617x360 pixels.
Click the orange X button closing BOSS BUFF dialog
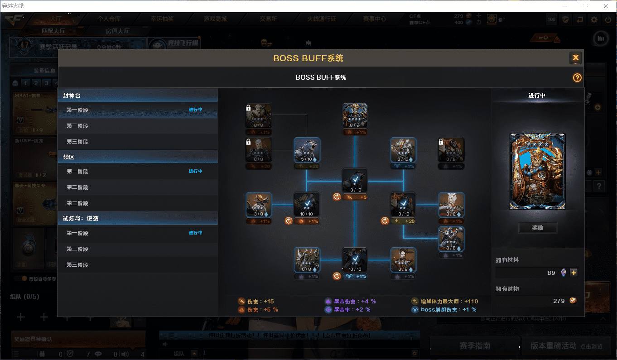point(575,58)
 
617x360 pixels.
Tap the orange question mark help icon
point(577,78)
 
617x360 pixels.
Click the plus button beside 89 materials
point(574,273)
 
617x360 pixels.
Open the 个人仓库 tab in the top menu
point(109,19)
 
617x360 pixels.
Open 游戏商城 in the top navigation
point(215,19)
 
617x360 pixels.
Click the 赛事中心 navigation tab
point(374,19)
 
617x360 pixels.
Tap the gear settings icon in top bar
point(594,19)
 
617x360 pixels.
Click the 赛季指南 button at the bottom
point(474,346)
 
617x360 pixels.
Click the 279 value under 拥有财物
point(559,301)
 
